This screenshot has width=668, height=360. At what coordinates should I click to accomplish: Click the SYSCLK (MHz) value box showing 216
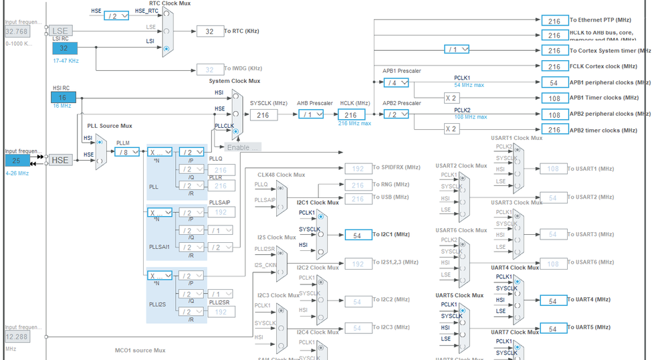[x=263, y=115]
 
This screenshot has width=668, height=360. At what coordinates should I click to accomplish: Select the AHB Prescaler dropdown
[x=310, y=114]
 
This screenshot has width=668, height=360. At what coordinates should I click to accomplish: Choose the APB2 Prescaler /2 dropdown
[x=396, y=114]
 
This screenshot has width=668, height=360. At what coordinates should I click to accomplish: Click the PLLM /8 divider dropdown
[x=126, y=152]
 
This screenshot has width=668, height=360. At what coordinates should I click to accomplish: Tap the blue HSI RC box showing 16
[x=64, y=98]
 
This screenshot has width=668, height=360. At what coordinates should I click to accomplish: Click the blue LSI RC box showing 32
[x=64, y=48]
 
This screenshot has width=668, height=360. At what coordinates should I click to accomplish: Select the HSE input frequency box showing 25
[x=18, y=161]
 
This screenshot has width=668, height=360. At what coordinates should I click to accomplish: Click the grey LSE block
[x=60, y=31]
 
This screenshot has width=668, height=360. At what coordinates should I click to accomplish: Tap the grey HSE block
[x=60, y=161]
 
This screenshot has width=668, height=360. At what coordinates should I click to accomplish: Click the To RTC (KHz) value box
[x=209, y=31]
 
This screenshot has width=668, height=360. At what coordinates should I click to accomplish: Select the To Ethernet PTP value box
[x=554, y=21]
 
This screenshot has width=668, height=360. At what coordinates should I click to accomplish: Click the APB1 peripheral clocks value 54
[x=554, y=82]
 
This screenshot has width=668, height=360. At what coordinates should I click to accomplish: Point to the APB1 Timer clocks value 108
[x=554, y=98]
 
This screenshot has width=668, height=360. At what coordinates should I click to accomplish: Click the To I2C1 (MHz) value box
[x=358, y=235]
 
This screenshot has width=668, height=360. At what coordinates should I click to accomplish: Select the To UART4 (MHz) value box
[x=553, y=301]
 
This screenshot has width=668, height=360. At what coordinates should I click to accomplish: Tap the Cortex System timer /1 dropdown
[x=457, y=50]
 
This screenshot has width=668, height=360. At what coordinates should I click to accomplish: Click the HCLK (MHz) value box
[x=351, y=115]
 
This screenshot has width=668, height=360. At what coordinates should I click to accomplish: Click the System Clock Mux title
[x=234, y=81]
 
